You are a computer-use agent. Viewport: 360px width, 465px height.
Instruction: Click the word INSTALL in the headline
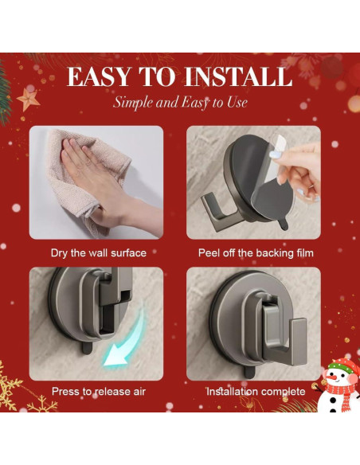(238, 76)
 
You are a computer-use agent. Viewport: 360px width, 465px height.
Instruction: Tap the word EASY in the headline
(98, 76)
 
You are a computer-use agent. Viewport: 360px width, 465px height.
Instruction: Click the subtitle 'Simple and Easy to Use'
(180, 103)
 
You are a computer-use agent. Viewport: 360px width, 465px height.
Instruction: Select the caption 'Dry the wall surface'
(99, 253)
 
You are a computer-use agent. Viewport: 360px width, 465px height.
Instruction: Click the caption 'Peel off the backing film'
(256, 253)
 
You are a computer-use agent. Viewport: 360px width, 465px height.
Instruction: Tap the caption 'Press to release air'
(99, 392)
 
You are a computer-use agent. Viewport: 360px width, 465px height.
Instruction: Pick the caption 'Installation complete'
(256, 392)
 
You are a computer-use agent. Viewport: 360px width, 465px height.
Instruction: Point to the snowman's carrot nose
(333, 379)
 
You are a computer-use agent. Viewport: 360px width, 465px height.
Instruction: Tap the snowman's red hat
(343, 365)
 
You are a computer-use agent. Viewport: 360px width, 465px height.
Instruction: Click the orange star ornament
(28, 100)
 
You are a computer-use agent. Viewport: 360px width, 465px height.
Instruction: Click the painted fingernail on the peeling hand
(274, 154)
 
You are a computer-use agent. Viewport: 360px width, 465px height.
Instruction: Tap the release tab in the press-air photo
(86, 348)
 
